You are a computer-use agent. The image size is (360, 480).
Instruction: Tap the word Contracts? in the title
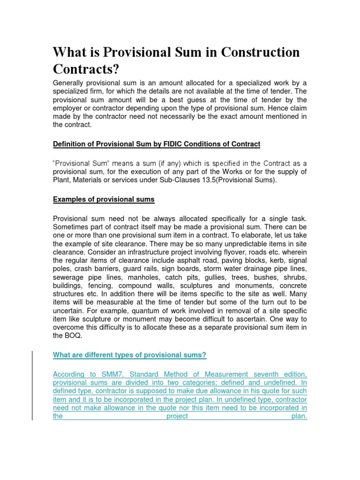pyautogui.click(x=86, y=69)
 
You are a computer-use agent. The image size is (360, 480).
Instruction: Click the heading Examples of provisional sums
pyautogui.click(x=104, y=200)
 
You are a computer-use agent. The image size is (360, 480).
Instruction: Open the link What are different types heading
pyautogui.click(x=130, y=355)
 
